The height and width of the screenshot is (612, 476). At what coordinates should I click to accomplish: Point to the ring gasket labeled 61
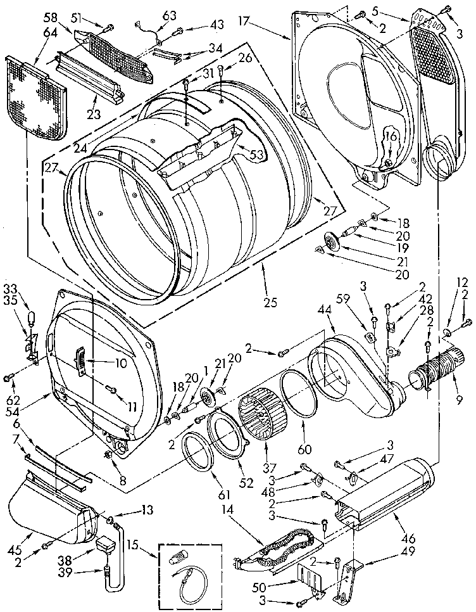(x=198, y=455)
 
